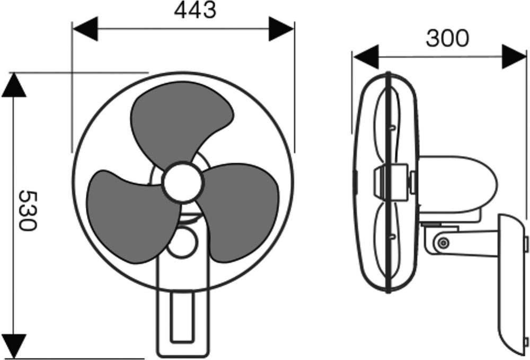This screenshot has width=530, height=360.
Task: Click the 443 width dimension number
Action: (x=195, y=10)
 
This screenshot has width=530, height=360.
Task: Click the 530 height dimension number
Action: (x=28, y=210)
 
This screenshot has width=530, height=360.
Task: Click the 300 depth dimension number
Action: (x=447, y=38)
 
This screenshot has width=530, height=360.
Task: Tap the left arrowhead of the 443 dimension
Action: (x=85, y=29)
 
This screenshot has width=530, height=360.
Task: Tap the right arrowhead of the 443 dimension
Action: (x=281, y=29)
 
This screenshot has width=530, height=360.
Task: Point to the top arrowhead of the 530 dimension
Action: (x=14, y=85)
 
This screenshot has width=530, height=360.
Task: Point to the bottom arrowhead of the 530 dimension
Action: (x=14, y=346)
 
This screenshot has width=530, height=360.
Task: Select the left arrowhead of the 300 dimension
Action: (x=366, y=57)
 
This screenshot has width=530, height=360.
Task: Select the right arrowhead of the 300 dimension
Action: (x=514, y=57)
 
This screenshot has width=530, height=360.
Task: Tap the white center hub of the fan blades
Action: (x=182, y=182)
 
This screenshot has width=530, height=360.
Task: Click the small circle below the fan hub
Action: (x=182, y=243)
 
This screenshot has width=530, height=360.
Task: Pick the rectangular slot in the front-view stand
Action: (x=182, y=317)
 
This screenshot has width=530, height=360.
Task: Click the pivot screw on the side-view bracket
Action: (x=443, y=242)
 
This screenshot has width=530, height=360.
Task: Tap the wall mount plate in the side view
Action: (x=512, y=285)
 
